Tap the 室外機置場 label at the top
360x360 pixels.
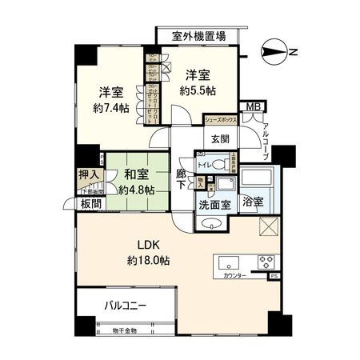pos(199,36)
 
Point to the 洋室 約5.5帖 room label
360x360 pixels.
pos(198,82)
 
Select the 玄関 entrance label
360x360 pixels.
pos(219,138)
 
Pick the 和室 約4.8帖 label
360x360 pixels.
pos(134,182)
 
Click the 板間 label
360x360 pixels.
pos(89,204)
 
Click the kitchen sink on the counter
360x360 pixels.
pos(227,262)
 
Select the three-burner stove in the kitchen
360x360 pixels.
pos(263,262)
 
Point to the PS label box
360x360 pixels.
pos(274,276)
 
